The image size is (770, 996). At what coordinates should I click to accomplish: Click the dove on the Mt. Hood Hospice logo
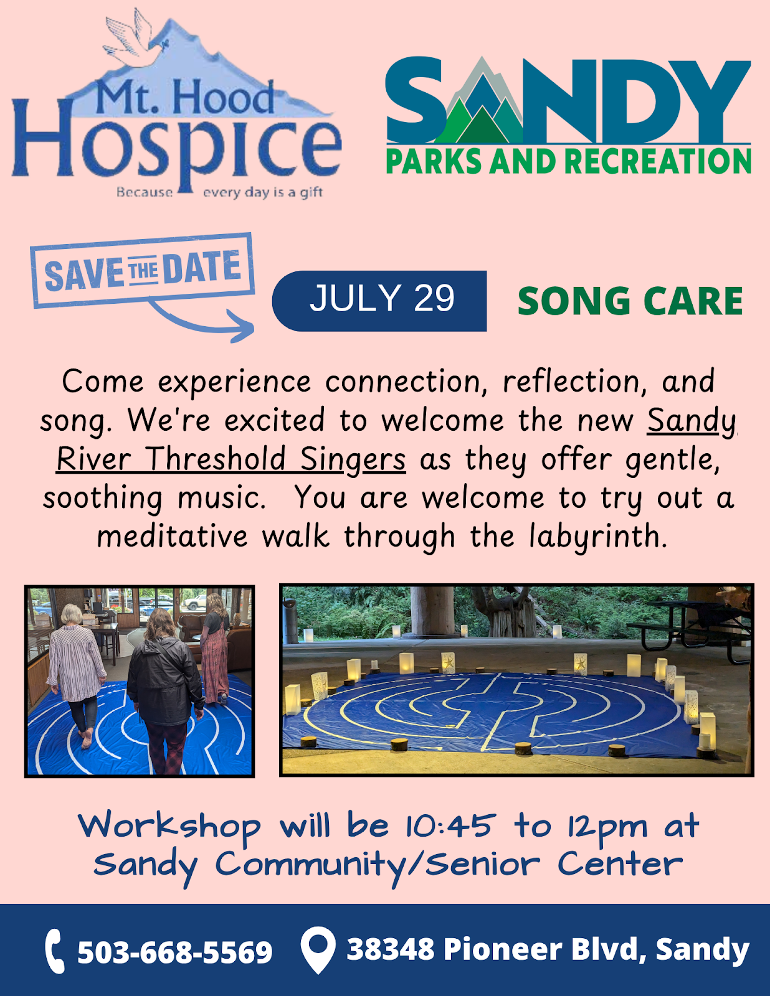(x=135, y=39)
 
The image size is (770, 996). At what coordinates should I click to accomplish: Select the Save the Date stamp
(x=142, y=270)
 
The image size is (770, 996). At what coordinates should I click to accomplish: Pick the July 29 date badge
(x=379, y=301)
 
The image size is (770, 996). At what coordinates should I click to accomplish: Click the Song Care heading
(x=630, y=301)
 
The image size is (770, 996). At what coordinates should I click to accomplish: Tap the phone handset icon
(x=55, y=951)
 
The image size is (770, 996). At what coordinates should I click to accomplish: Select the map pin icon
(x=318, y=949)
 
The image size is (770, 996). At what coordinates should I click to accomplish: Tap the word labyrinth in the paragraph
(x=598, y=537)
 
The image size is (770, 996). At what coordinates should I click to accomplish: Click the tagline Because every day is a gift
(x=219, y=192)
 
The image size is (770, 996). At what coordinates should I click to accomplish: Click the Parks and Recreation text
(x=568, y=161)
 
